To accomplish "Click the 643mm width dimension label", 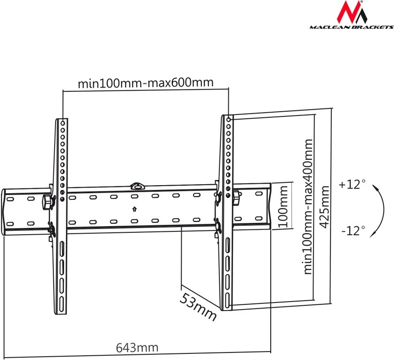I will tap(137, 348).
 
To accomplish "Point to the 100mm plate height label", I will tap(283, 206).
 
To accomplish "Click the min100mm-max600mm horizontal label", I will tap(146, 83).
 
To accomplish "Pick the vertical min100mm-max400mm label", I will tap(308, 206).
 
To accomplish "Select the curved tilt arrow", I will tap(378, 210).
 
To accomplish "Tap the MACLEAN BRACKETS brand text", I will tap(351, 27).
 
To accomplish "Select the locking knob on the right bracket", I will tap(236, 197).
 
